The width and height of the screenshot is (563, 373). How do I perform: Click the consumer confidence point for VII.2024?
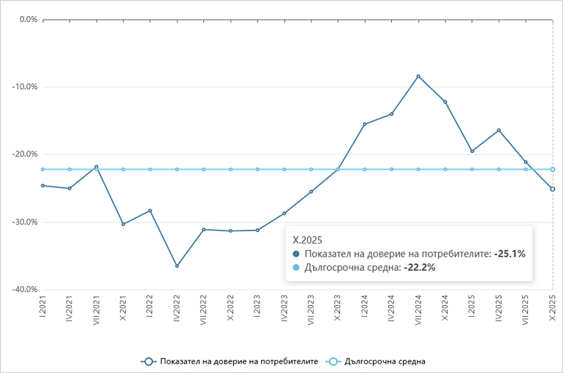pyautogui.click(x=418, y=76)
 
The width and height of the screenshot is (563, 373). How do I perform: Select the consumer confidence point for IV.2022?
pyautogui.click(x=177, y=265)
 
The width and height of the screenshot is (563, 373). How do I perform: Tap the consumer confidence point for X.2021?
pyautogui.click(x=123, y=224)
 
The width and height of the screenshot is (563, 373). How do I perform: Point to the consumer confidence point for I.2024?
pyautogui.click(x=365, y=124)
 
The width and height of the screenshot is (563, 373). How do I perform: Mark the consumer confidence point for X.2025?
pyautogui.click(x=553, y=189)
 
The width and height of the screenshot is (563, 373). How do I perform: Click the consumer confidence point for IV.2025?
pyautogui.click(x=499, y=130)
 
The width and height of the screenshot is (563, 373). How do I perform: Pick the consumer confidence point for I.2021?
pyautogui.click(x=42, y=185)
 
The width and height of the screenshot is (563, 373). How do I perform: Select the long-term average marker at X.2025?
pyautogui.click(x=553, y=169)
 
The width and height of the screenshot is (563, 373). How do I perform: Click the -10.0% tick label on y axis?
pyautogui.click(x=25, y=86)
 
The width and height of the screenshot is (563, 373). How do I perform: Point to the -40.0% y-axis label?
pyautogui.click(x=25, y=290)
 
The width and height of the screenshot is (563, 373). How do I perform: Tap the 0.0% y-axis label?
pyautogui.click(x=27, y=19)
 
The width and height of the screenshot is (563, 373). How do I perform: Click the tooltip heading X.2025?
pyautogui.click(x=308, y=239)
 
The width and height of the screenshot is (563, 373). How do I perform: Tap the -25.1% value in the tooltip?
pyautogui.click(x=510, y=253)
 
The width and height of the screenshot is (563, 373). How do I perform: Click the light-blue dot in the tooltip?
pyautogui.click(x=296, y=268)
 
